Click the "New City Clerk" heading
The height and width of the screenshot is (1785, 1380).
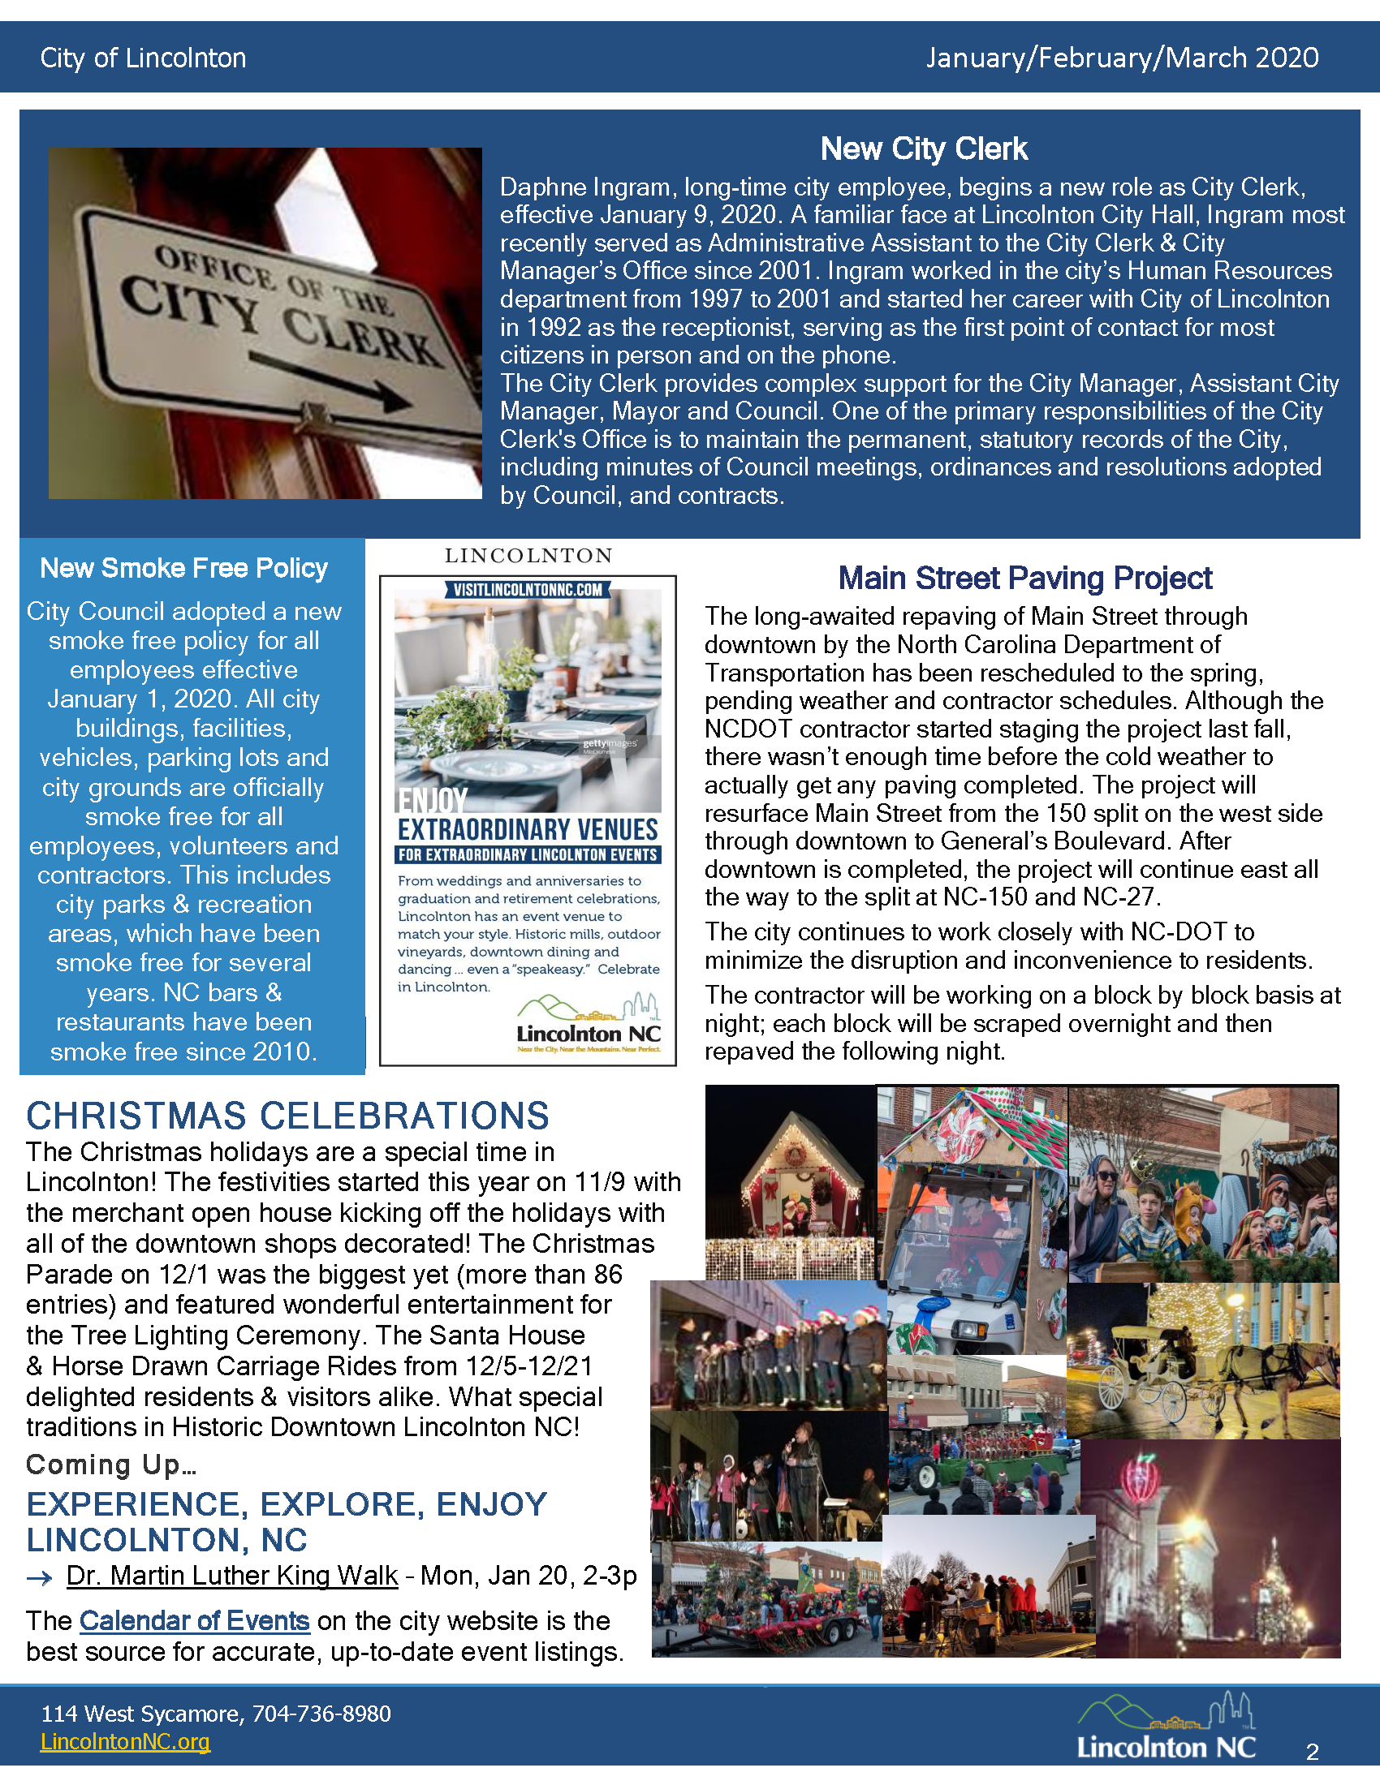(924, 148)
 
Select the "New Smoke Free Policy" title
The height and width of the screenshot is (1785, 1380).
(184, 568)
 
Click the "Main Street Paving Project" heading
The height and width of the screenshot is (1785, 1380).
(1025, 578)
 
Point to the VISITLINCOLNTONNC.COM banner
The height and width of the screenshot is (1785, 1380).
(528, 589)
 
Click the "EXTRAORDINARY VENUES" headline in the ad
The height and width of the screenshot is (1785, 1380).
(528, 829)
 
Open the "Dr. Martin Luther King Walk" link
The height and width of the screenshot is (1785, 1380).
(232, 1575)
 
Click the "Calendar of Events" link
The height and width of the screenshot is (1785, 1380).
(195, 1621)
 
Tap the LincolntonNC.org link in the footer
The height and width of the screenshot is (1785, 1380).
(125, 1742)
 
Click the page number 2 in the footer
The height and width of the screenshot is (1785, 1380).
(1312, 1752)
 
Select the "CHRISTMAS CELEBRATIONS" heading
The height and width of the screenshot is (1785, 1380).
(288, 1116)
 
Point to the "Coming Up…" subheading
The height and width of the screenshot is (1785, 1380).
(111, 1465)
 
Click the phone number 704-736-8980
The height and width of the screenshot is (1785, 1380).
(321, 1714)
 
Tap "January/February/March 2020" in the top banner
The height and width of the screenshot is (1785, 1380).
(1122, 58)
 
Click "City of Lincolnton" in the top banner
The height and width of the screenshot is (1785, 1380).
(143, 58)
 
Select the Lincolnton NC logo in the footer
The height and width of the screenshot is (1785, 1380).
(1167, 1727)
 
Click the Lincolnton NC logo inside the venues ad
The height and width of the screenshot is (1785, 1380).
(589, 1024)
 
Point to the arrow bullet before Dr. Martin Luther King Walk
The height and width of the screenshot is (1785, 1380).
(39, 1577)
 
